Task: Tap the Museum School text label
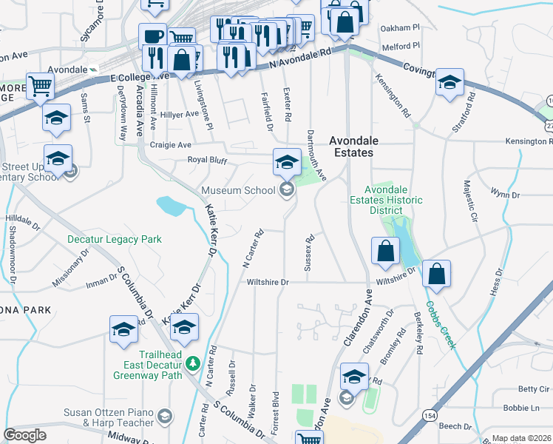(x=238, y=190)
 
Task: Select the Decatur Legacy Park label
(x=114, y=240)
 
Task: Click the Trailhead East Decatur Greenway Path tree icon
(x=193, y=363)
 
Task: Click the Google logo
(x=24, y=435)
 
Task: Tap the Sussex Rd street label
(x=311, y=252)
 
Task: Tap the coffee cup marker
(x=154, y=35)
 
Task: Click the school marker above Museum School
(x=287, y=160)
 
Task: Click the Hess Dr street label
(x=496, y=282)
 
